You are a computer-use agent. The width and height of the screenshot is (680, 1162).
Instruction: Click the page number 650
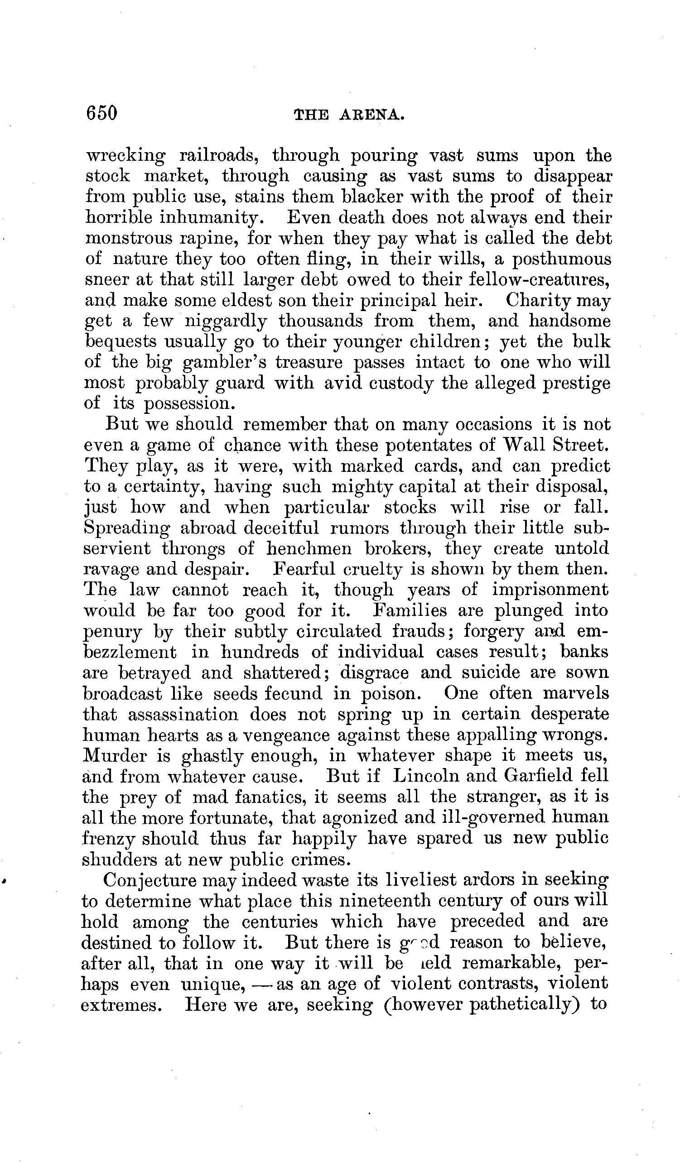click(x=102, y=112)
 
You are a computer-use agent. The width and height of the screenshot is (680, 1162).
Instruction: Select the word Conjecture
click(x=150, y=880)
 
